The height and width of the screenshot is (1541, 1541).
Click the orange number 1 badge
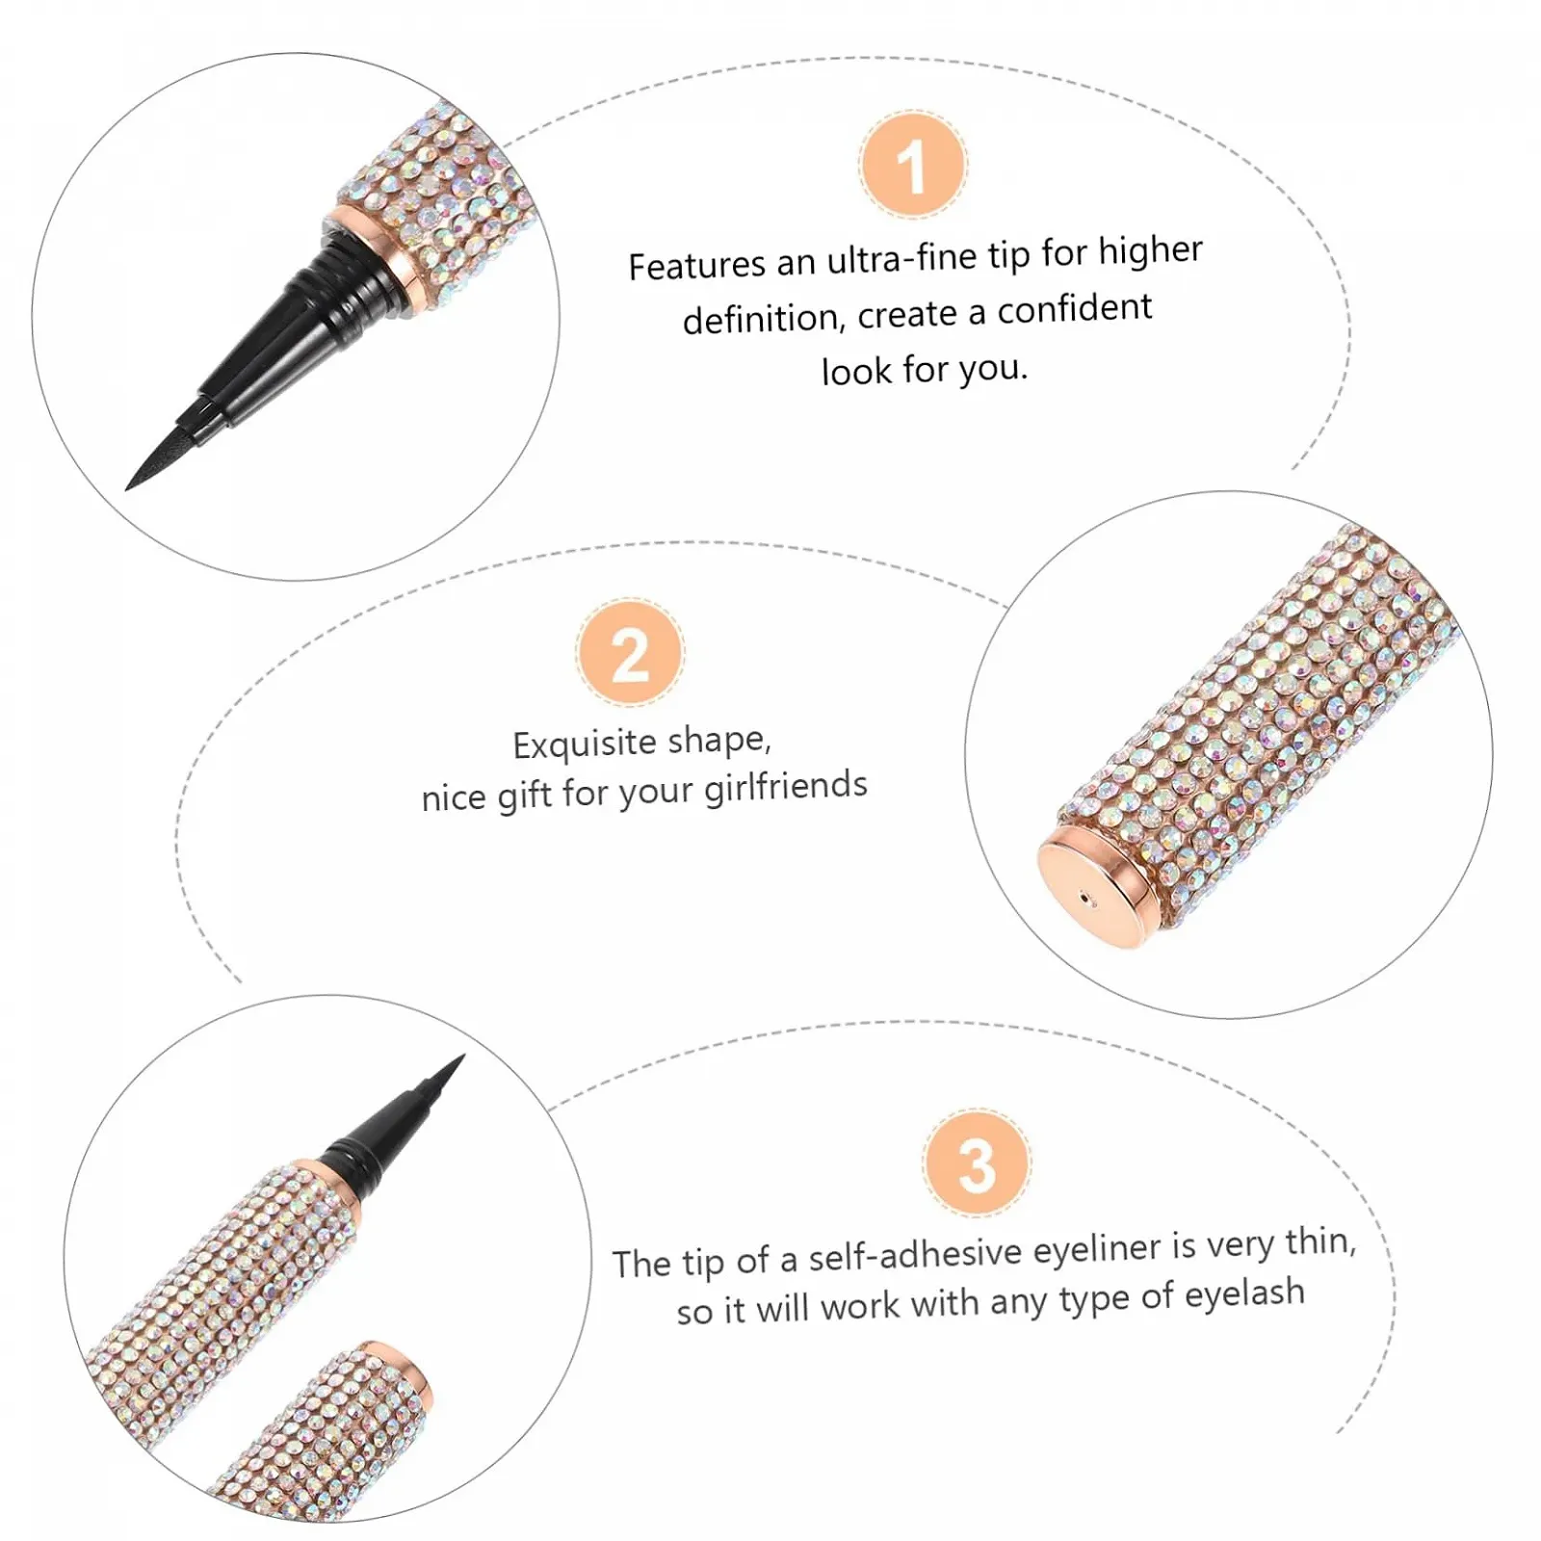(x=912, y=165)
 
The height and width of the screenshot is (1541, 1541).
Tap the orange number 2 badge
(x=630, y=652)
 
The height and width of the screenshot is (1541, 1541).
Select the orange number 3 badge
(x=977, y=1162)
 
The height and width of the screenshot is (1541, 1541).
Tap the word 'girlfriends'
(x=785, y=787)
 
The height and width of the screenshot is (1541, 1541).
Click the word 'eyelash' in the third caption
(x=1243, y=1293)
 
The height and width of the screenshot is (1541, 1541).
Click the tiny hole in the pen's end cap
(x=1087, y=901)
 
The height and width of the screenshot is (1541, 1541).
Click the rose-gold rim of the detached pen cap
(x=409, y=1377)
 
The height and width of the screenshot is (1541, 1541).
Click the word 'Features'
(x=696, y=265)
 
